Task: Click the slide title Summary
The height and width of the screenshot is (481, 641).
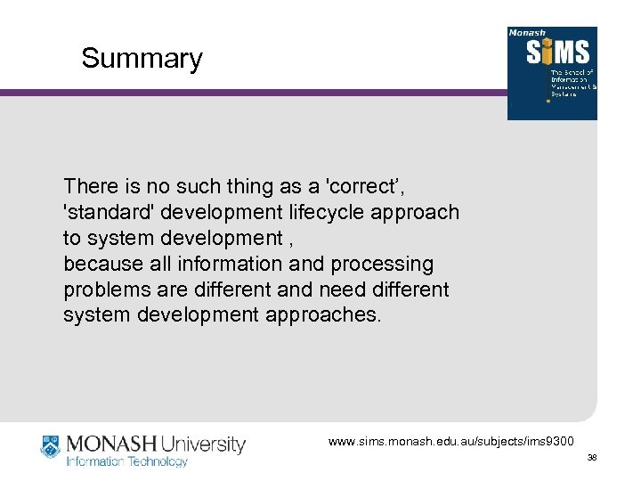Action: [142, 59]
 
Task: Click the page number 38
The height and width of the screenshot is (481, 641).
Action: [591, 458]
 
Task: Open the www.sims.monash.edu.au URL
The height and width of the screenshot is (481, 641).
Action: [452, 442]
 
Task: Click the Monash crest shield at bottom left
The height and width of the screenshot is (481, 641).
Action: [50, 446]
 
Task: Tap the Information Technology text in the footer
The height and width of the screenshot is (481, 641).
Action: [127, 462]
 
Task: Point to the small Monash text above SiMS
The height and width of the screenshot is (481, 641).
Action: [526, 33]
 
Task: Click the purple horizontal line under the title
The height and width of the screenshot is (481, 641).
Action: [249, 92]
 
